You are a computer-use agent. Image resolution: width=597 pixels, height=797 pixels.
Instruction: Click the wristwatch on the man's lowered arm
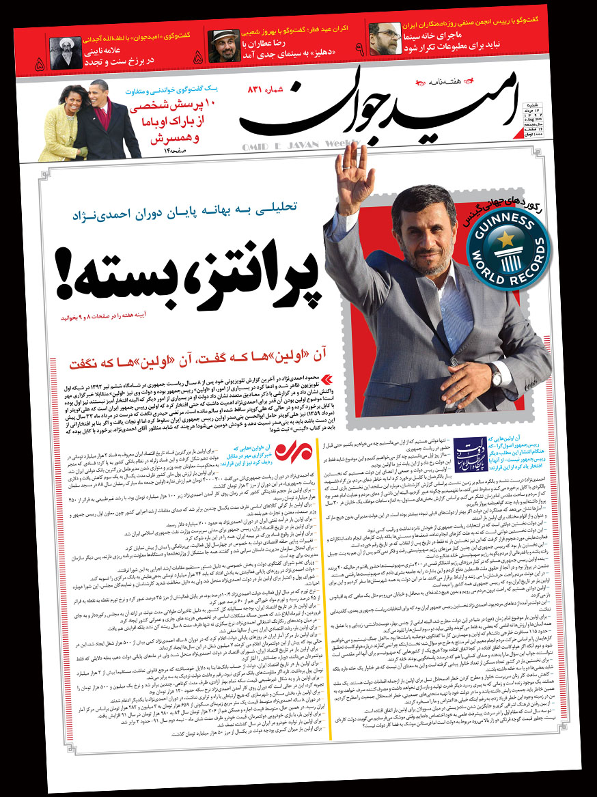(495, 376)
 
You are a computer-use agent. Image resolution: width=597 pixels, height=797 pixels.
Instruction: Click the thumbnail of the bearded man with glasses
(384, 40)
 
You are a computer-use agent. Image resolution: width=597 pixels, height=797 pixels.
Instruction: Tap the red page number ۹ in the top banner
(358, 49)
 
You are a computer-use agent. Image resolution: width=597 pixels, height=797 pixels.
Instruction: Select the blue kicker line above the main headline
(206, 214)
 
